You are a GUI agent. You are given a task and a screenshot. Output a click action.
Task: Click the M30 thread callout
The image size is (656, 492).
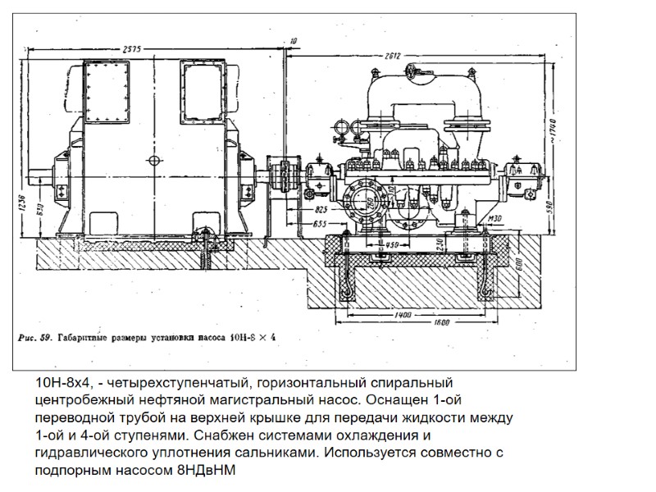point(494,219)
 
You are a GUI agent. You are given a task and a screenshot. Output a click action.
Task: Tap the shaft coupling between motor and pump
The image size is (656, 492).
point(283,173)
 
